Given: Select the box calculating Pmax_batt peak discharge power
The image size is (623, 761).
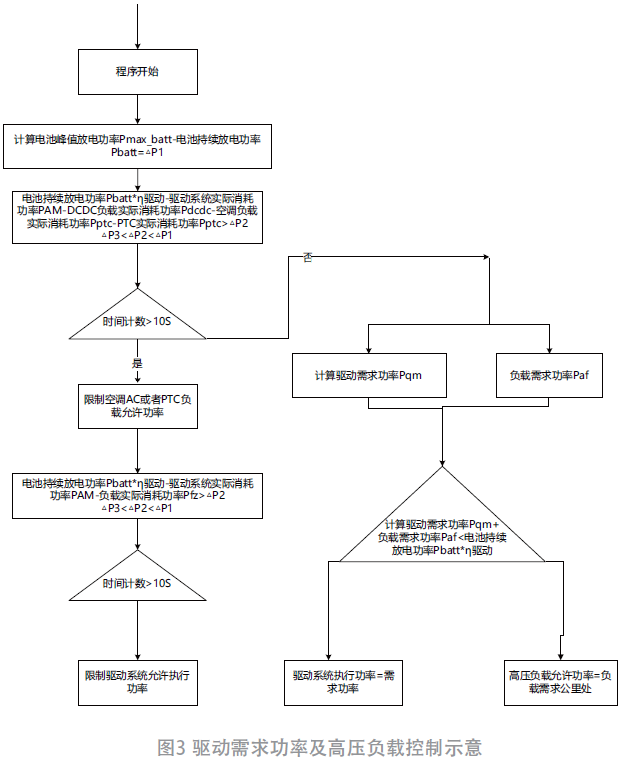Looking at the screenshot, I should point(137,144).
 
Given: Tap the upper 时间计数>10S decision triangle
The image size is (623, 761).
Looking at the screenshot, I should point(137,320).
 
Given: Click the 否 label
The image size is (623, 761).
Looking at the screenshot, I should point(308,259).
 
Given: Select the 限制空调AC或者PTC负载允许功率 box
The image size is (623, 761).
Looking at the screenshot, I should point(137,405).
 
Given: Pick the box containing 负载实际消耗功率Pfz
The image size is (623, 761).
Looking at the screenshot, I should point(137,495).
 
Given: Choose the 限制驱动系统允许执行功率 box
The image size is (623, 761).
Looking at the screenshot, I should point(137,682).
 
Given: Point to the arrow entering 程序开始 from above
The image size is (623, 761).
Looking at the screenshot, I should point(137,25).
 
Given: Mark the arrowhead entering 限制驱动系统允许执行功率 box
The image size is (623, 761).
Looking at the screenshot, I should point(137,651).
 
